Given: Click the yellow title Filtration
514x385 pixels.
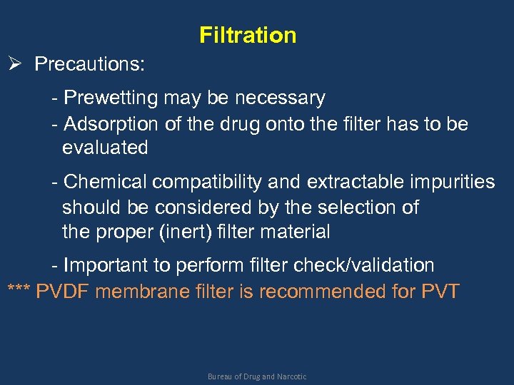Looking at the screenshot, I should coord(248,35).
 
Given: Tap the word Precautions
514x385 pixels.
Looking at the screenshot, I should coord(89,64).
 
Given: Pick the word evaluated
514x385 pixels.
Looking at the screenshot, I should coord(105,148).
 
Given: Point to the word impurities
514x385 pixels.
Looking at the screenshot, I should coord(450,183).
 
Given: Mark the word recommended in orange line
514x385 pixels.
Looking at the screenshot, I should coord(338,292).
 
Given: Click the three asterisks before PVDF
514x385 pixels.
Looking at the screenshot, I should coord(19,292).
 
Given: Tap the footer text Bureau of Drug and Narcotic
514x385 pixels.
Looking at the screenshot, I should coord(257,376).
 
